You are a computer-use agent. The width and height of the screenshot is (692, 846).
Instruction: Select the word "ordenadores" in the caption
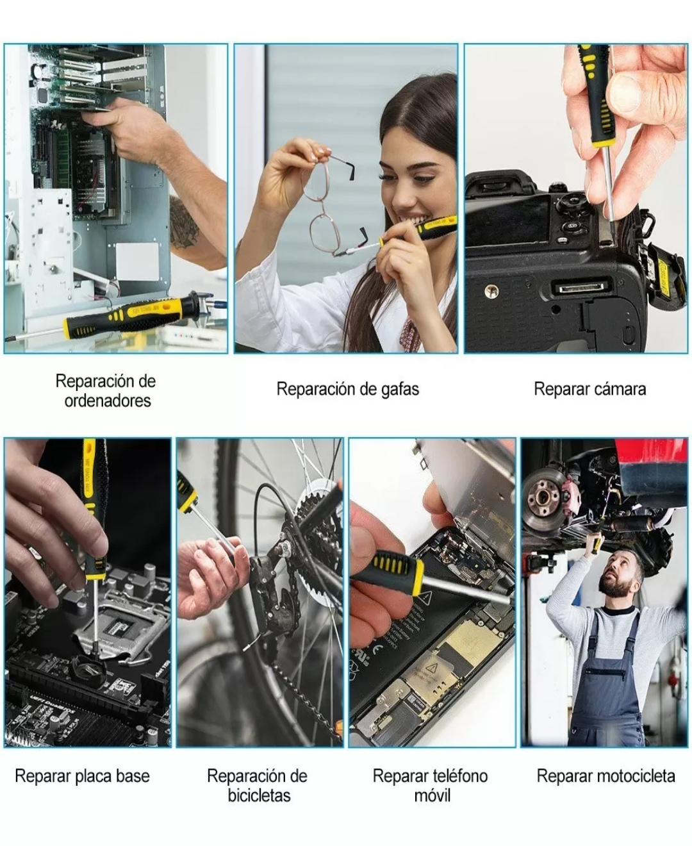tap(108, 401)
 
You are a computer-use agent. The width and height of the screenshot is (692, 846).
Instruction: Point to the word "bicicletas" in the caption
tap(259, 795)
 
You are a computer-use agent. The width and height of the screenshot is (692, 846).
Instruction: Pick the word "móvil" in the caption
tap(432, 795)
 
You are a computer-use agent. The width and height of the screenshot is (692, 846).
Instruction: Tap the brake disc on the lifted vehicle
tap(545, 494)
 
